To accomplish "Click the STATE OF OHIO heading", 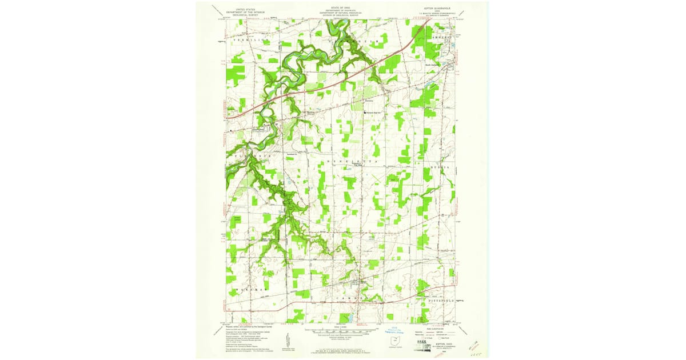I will tap(343, 7).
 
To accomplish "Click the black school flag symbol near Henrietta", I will tap(366, 113).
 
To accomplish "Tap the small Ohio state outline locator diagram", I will tap(390, 342).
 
